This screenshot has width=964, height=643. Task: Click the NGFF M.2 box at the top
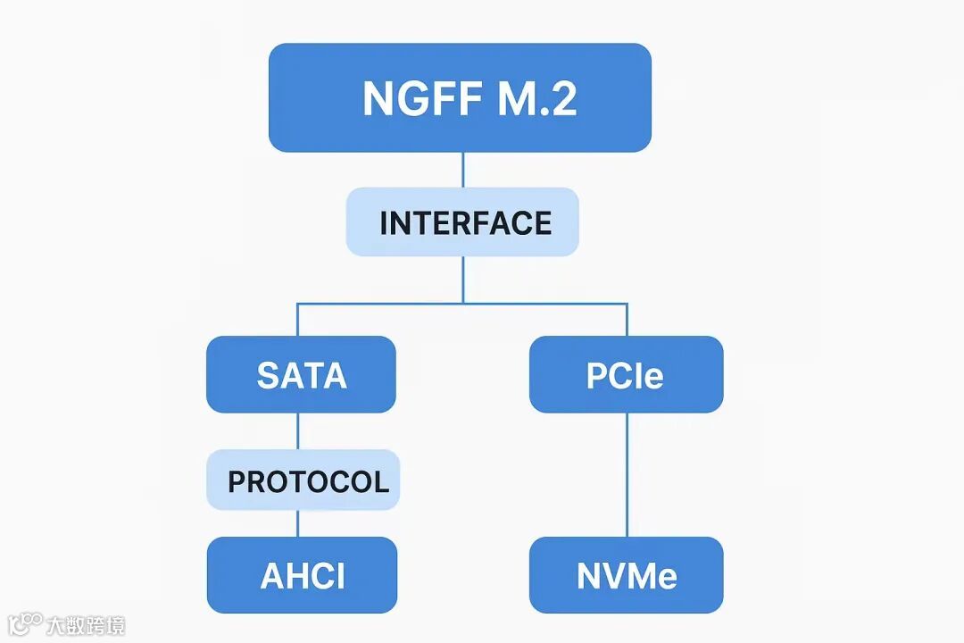(460, 97)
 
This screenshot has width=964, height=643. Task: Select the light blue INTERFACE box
(462, 222)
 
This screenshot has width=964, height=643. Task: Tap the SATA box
(301, 374)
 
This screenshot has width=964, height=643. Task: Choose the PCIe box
(626, 374)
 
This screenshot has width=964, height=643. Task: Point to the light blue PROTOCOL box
(303, 480)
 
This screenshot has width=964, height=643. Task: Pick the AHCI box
(302, 575)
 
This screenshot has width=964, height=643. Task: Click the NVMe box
(626, 575)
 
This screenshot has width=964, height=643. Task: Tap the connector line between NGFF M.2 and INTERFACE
(462, 170)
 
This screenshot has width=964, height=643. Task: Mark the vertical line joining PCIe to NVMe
(627, 473)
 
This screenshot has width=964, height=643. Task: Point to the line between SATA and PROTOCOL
(297, 430)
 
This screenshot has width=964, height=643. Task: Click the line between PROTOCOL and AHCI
(297, 523)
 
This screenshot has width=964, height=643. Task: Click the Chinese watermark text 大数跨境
(86, 624)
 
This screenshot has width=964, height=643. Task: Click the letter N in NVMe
(589, 576)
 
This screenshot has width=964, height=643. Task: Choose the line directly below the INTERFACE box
(462, 279)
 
